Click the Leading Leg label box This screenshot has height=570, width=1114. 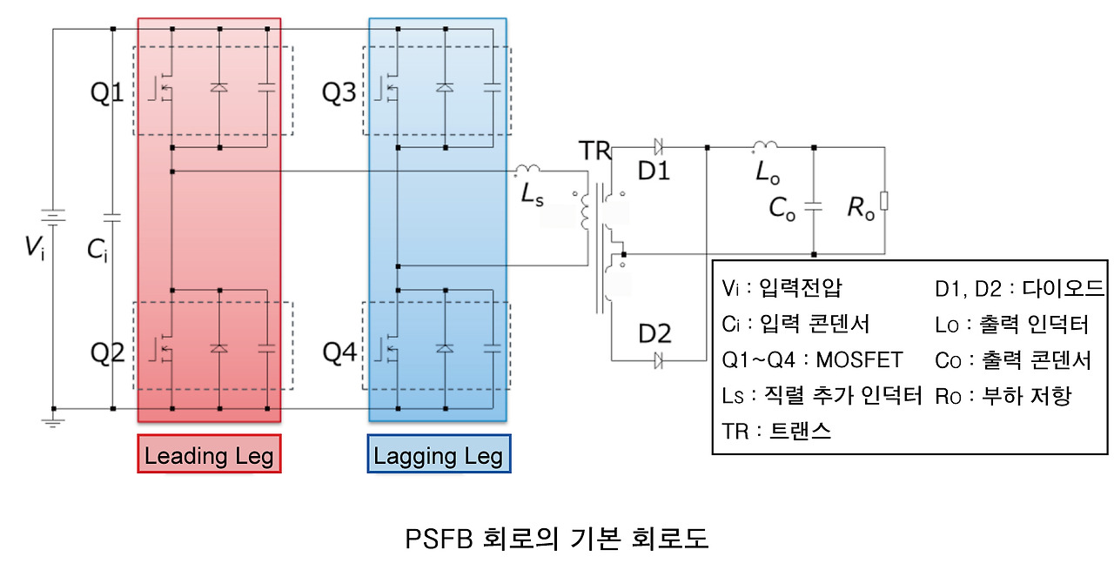tap(209, 454)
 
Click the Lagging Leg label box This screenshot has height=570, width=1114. tap(439, 454)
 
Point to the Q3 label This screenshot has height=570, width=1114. tap(339, 92)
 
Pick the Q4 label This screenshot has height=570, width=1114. tap(339, 352)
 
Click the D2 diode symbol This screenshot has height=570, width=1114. tap(658, 359)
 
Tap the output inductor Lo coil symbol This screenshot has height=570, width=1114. tap(767, 145)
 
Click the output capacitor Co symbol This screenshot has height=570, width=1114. tap(814, 207)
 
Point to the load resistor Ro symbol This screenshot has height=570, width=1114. tap(884, 202)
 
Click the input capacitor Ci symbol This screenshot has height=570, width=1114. tap(112, 215)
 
